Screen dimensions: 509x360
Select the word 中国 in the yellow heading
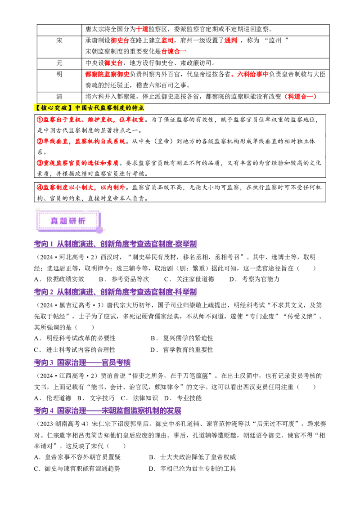pos(81,108)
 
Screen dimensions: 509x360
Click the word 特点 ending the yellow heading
pos(139,108)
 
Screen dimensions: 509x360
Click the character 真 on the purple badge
pos(55,221)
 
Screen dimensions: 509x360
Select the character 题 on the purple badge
pos(64,221)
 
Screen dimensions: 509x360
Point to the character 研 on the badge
pos(73,221)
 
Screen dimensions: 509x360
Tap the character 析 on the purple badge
pos(82,221)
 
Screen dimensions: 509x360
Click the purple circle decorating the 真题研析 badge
pos(99,230)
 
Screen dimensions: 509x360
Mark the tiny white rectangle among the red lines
pos(151,174)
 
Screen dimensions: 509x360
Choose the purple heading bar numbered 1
pos(115,244)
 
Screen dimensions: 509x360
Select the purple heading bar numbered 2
pos(115,293)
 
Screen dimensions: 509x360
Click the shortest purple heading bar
pos(82,363)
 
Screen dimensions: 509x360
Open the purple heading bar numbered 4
pos(108,411)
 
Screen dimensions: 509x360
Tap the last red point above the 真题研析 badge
pos(81,187)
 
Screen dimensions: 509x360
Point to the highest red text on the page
pos(142,29)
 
